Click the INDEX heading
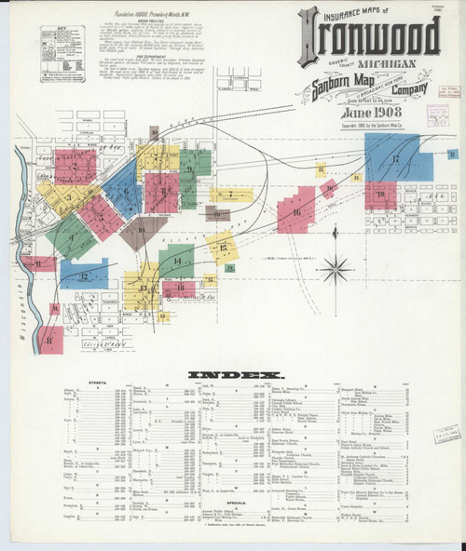(x=235, y=375)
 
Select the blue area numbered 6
(x=126, y=193)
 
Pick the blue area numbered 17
(x=396, y=158)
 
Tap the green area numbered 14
(x=176, y=261)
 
